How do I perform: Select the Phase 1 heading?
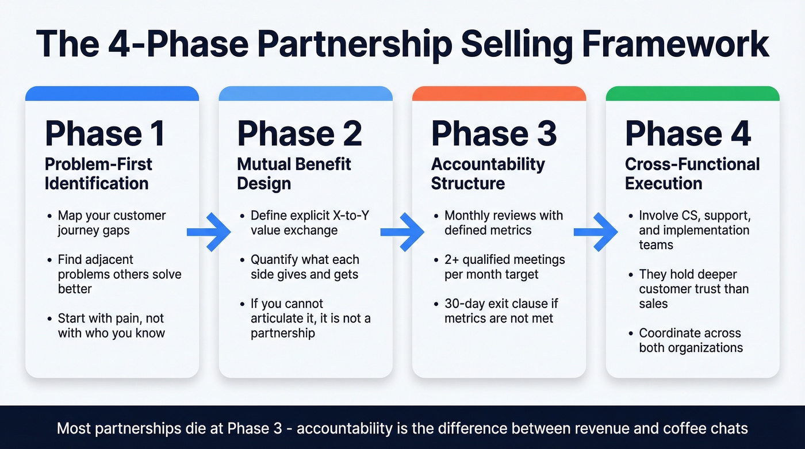point(105,133)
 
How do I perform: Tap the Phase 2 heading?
point(299,133)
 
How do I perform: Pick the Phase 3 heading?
point(494,133)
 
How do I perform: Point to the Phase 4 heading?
point(688,133)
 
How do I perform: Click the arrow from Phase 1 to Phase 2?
point(208,232)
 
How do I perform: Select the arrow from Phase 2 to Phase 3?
point(402,232)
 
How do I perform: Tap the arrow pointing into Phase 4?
point(596,232)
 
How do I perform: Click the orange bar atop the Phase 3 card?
point(499,94)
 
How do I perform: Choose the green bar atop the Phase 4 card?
point(692,94)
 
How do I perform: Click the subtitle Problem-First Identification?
point(98,174)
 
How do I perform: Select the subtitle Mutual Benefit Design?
point(294,174)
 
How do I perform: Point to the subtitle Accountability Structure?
point(488,174)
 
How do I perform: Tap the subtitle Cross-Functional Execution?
point(692,174)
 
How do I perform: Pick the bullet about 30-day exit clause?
point(501,311)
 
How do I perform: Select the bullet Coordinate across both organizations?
point(691,340)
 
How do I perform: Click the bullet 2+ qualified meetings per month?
point(504,267)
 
